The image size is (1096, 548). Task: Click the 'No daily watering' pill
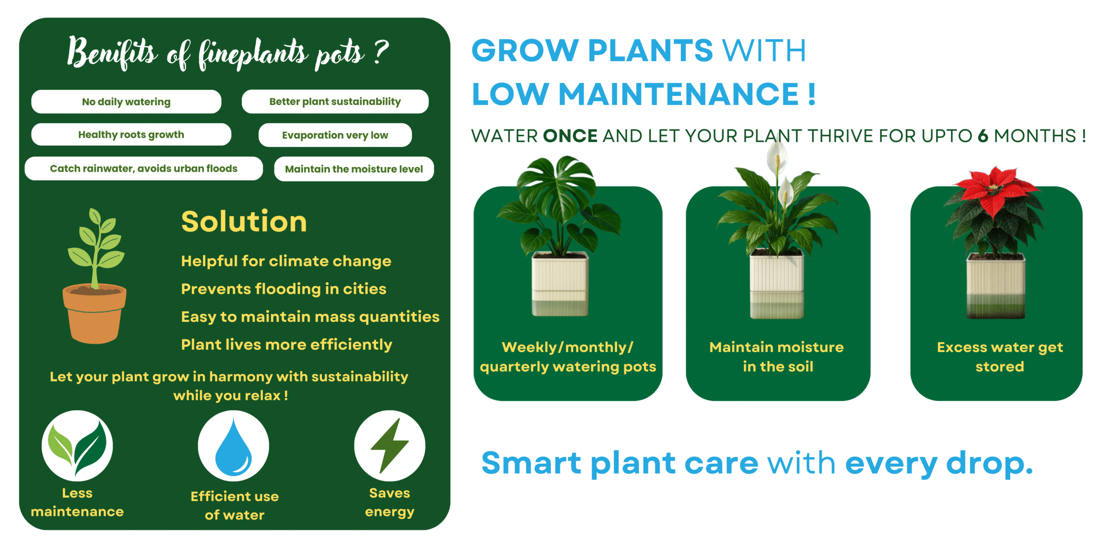pyautogui.click(x=126, y=101)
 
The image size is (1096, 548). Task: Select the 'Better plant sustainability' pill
pyautogui.click(x=335, y=101)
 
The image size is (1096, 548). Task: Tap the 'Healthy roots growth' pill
pyautogui.click(x=131, y=134)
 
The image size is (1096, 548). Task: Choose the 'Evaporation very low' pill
pyautogui.click(x=335, y=135)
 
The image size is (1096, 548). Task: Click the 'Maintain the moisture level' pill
pyautogui.click(x=354, y=169)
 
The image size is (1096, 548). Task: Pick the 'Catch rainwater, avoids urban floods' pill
pyautogui.click(x=144, y=168)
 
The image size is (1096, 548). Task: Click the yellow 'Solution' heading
pyautogui.click(x=244, y=221)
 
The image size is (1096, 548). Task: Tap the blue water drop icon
pyautogui.click(x=233, y=447)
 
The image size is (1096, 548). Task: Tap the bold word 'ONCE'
pyautogui.click(x=570, y=136)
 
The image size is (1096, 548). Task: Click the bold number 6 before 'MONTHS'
pyautogui.click(x=983, y=136)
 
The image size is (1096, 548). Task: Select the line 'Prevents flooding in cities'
pyautogui.click(x=283, y=289)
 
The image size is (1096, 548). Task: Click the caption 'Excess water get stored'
pyautogui.click(x=1000, y=357)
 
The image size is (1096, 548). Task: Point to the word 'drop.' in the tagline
pyautogui.click(x=989, y=464)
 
